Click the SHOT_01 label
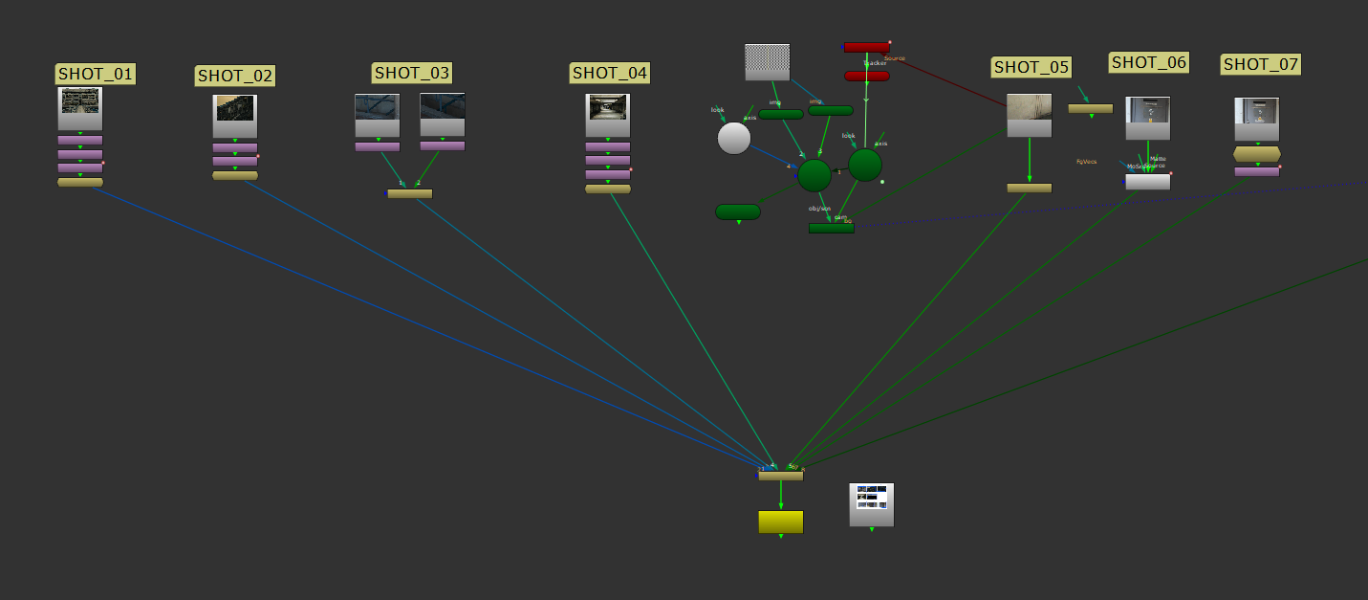pos(96,74)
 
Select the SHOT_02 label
pos(235,76)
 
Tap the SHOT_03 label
pos(412,72)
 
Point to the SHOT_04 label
pos(610,73)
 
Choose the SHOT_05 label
pos(1031,67)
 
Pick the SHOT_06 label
pos(1149,62)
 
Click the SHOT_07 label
pos(1261,64)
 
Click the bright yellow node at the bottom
pos(780,522)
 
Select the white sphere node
pos(734,138)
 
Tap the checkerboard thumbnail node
pos(768,62)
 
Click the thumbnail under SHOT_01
pos(80,108)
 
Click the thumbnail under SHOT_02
pos(235,116)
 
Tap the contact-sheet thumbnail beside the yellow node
pos(871,504)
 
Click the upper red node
pos(866,47)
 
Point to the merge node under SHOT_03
pos(409,193)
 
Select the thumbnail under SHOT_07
pos(1256,119)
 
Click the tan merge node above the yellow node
pos(781,476)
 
